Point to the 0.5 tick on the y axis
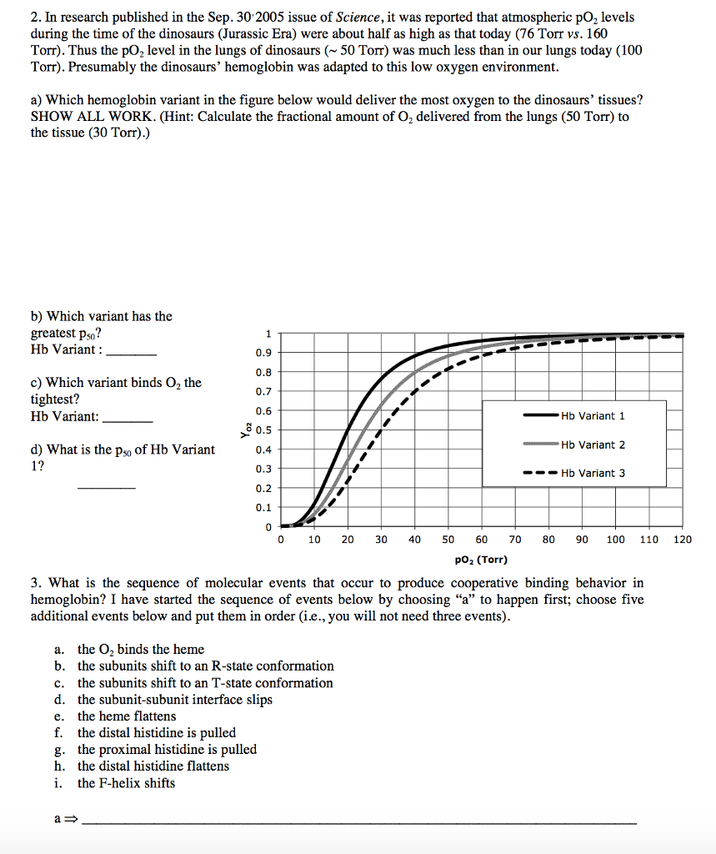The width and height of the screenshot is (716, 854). coord(263,430)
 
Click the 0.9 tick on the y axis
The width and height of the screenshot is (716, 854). coord(263,353)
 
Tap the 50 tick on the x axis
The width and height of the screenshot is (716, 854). coord(448,540)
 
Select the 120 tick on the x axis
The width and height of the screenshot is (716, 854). coord(683,540)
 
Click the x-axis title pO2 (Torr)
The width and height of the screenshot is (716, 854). coord(482,560)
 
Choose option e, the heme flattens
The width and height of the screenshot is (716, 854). coord(127,716)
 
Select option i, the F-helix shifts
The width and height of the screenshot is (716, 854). coord(126,783)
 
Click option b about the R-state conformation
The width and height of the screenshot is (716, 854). coord(205,666)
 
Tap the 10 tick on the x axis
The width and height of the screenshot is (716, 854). coord(314,540)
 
